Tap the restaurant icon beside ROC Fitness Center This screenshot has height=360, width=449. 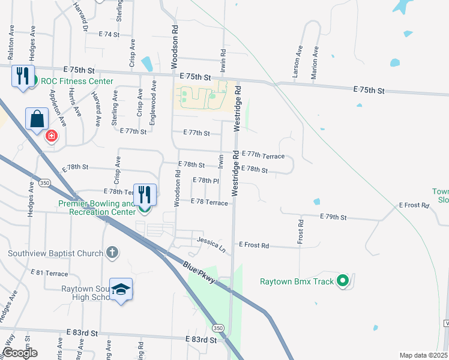click(23, 76)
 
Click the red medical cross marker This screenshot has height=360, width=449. click(52, 135)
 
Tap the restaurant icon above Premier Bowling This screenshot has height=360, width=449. click(145, 194)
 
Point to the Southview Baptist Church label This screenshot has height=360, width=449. click(55, 253)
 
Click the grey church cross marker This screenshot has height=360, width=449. click(112, 253)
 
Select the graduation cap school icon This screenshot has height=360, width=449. click(121, 290)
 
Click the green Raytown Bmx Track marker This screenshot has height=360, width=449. click(343, 280)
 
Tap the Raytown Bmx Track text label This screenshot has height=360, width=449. click(297, 281)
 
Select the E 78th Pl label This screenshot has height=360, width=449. click(205, 180)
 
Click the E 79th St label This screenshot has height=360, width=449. click(333, 216)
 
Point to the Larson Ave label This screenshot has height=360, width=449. click(296, 62)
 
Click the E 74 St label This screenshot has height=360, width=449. click(110, 35)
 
